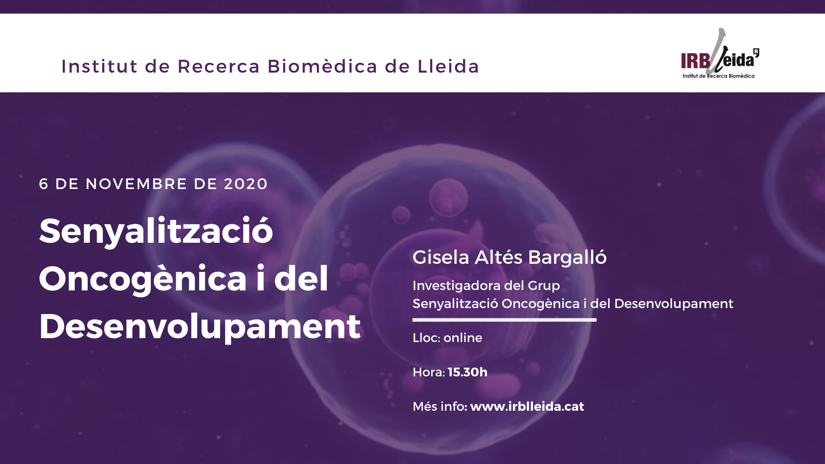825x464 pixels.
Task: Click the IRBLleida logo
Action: click(x=720, y=53)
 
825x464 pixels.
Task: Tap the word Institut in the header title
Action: click(x=100, y=66)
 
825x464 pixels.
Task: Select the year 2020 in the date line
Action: click(x=246, y=184)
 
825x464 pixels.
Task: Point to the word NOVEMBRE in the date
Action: click(x=137, y=184)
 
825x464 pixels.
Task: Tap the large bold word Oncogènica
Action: click(x=143, y=280)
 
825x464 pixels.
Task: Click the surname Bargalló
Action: click(x=567, y=257)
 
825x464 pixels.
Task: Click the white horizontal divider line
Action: click(x=504, y=320)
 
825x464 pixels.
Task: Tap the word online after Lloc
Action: click(x=463, y=338)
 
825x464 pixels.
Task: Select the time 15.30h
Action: click(x=467, y=372)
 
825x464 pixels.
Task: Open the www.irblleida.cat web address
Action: click(x=527, y=406)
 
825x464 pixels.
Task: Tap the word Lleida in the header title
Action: click(x=448, y=66)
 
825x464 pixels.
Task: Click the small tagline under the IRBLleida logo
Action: click(x=718, y=76)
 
